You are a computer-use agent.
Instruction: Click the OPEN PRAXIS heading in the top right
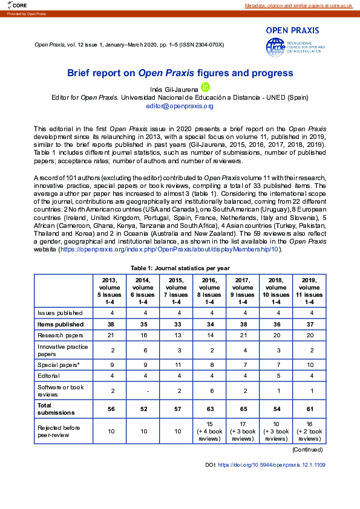(x=296, y=30)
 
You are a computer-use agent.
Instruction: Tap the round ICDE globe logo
(x=275, y=46)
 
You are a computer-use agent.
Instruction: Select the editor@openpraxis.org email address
(x=180, y=106)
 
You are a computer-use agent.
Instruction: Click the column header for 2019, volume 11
(x=309, y=291)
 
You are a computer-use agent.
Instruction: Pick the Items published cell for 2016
(x=209, y=324)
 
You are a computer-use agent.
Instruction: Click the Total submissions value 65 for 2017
(x=243, y=408)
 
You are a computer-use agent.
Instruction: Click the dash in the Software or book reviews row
(x=143, y=391)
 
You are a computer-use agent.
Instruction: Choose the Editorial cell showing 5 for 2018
(x=276, y=377)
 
